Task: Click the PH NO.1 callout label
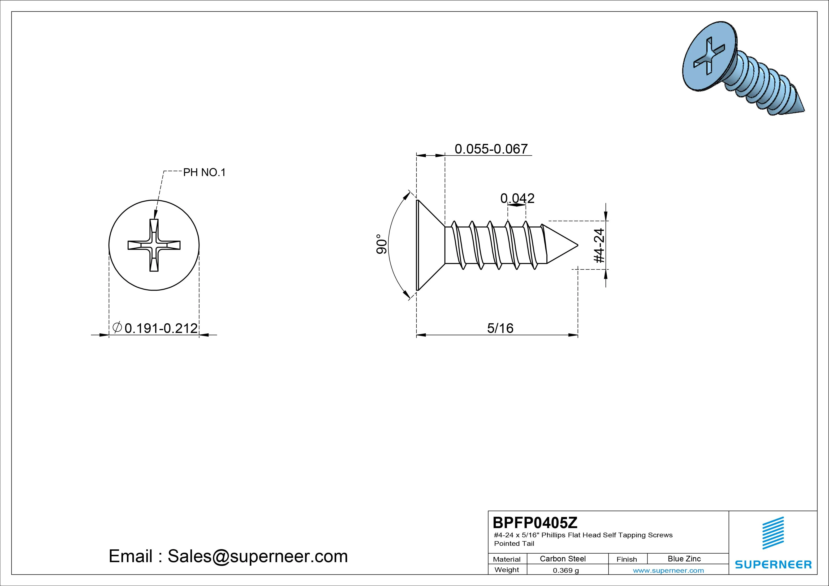pyautogui.click(x=204, y=172)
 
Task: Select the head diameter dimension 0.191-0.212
pyautogui.click(x=161, y=328)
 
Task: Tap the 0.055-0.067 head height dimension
pyautogui.click(x=491, y=149)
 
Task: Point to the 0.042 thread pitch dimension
pyautogui.click(x=517, y=198)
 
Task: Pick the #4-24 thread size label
pyautogui.click(x=599, y=245)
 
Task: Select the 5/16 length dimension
pyautogui.click(x=500, y=328)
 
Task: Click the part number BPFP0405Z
pyautogui.click(x=535, y=522)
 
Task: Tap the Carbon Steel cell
pyautogui.click(x=562, y=559)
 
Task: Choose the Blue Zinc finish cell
pyautogui.click(x=684, y=559)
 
